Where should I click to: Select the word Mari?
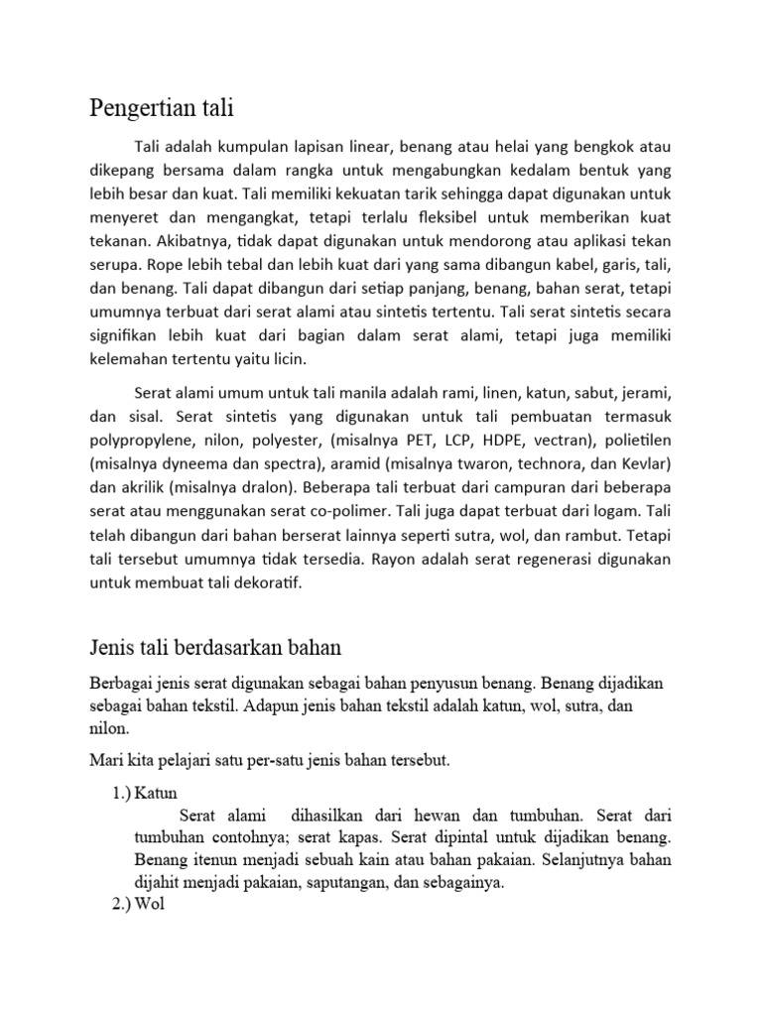(x=104, y=761)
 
